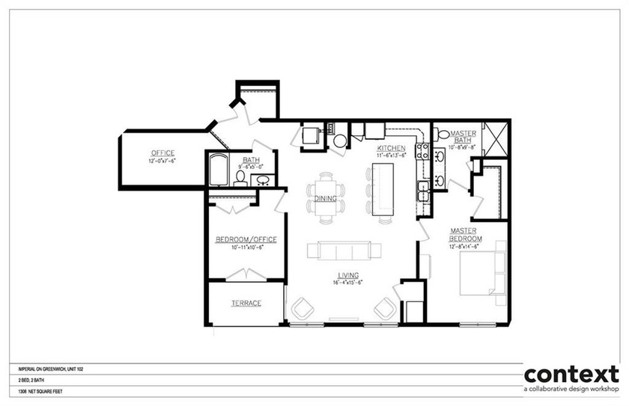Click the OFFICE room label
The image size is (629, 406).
(162, 153)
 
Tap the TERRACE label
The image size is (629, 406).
(246, 303)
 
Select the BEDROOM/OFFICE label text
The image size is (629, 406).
(246, 239)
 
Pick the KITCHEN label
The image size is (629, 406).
(391, 149)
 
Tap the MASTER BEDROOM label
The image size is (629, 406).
(466, 234)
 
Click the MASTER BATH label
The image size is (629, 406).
(464, 137)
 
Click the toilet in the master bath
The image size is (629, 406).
(442, 135)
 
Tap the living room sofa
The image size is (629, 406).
(343, 251)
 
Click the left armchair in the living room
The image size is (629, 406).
(304, 308)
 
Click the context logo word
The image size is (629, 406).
(572, 374)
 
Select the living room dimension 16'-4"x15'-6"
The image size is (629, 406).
(348, 283)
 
